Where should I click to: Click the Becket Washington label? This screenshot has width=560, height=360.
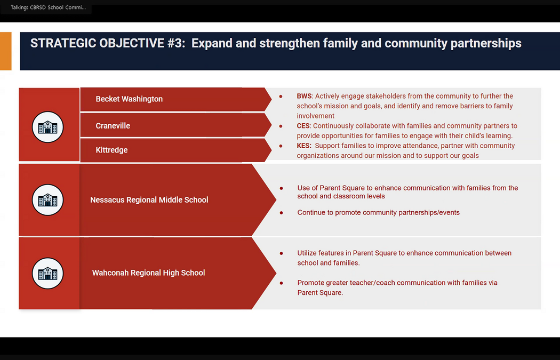click(129, 99)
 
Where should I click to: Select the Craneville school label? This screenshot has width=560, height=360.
click(113, 126)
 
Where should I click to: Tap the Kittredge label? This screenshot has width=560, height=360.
click(111, 150)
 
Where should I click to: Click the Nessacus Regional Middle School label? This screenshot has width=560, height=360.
click(149, 199)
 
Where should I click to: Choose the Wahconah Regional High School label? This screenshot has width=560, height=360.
click(149, 273)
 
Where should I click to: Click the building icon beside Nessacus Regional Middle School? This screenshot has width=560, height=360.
click(47, 199)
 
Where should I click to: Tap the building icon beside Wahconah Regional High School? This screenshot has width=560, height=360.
click(47, 273)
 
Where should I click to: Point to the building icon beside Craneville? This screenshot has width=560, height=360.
click(47, 127)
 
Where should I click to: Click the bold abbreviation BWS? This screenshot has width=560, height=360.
click(305, 96)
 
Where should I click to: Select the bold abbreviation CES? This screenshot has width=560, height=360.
click(303, 126)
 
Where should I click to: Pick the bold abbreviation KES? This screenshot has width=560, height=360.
click(304, 146)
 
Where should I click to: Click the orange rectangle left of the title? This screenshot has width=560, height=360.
click(6, 51)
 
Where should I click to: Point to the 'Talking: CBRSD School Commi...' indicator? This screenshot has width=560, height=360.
click(48, 7)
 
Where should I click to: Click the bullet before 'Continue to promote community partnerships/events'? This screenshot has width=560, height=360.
click(282, 213)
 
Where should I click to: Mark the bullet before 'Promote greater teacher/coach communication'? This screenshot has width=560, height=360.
click(282, 283)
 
